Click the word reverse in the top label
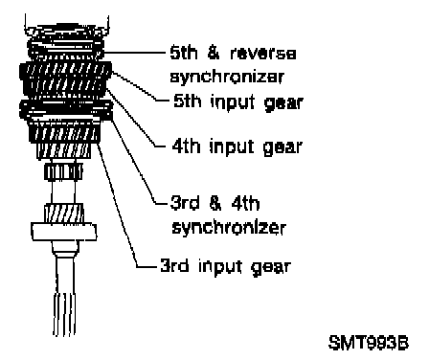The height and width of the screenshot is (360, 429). (262, 54)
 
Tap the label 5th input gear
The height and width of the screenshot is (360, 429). (238, 102)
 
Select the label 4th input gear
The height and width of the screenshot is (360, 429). (237, 146)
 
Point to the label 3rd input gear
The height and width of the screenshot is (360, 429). (225, 266)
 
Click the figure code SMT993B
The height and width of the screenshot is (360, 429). (369, 343)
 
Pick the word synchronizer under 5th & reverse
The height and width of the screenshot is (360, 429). (227, 77)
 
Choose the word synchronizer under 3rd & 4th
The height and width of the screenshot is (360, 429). (229, 228)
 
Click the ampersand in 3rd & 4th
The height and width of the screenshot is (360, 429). (215, 203)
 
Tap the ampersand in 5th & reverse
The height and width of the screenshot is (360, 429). (214, 53)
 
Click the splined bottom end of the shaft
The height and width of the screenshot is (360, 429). (64, 314)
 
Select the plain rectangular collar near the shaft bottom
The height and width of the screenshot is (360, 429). (64, 232)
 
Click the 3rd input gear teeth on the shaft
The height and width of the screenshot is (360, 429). (64, 134)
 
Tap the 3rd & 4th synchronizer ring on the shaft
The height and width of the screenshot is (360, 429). (66, 109)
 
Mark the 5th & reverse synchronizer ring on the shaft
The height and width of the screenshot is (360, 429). (65, 51)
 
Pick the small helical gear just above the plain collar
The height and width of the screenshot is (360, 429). (64, 214)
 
